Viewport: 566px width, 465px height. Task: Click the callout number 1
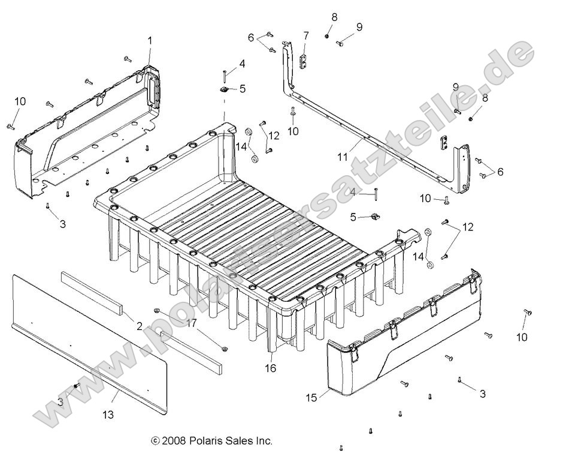click(x=150, y=41)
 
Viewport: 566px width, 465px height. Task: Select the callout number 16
click(x=270, y=368)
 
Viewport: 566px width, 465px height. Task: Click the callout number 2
click(x=139, y=326)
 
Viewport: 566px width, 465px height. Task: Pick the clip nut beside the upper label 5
click(x=223, y=89)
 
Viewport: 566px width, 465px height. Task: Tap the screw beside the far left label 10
click(x=11, y=125)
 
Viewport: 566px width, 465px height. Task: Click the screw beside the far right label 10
click(x=528, y=313)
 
